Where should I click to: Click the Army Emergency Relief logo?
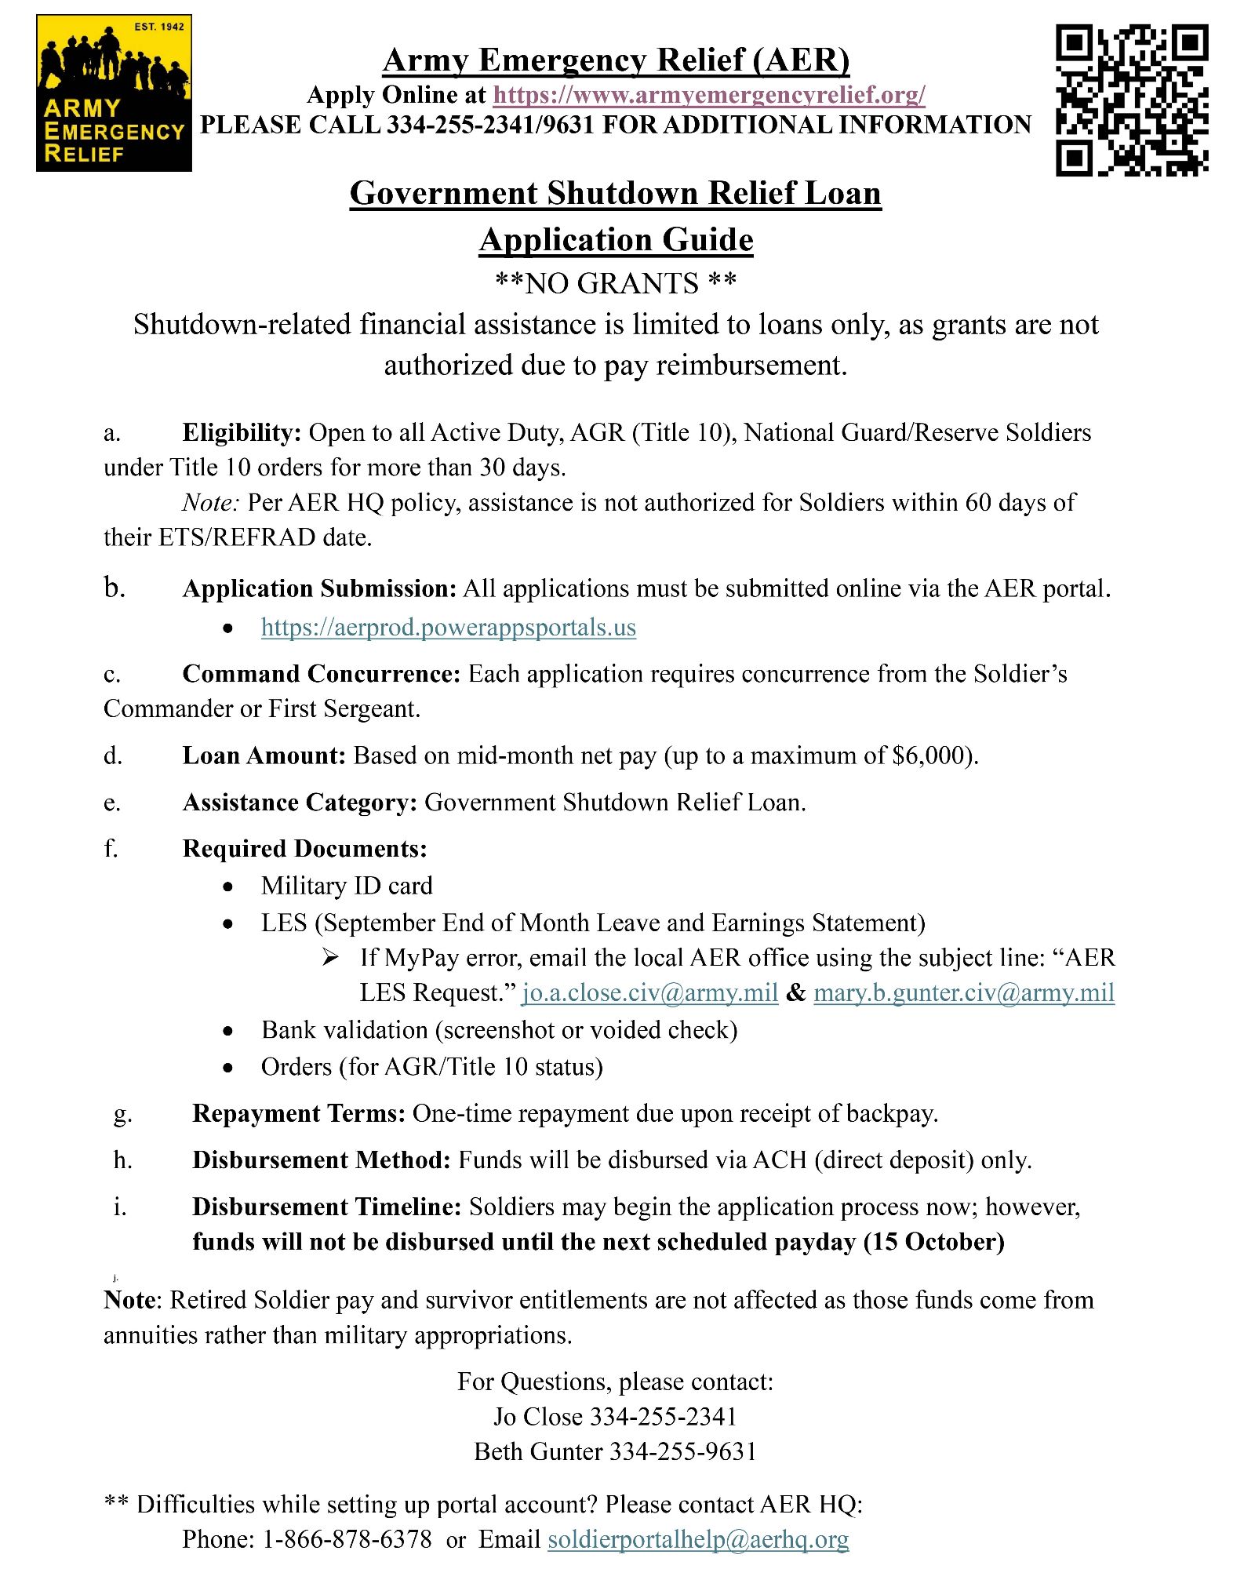[114, 93]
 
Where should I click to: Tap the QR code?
[1131, 100]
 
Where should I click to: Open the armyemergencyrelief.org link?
[708, 95]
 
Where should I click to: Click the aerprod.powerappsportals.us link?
[448, 628]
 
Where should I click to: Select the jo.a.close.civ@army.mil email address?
[649, 993]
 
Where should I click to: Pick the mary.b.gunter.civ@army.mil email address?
[963, 993]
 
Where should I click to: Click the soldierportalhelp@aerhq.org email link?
[697, 1539]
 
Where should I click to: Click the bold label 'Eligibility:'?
[242, 432]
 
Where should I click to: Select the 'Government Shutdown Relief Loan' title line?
[615, 193]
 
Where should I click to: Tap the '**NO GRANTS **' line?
[615, 283]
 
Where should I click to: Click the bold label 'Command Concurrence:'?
[321, 674]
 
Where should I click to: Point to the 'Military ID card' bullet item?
[347, 886]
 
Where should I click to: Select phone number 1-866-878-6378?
[347, 1539]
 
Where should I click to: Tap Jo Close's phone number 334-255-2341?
[663, 1417]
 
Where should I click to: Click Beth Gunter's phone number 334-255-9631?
[682, 1451]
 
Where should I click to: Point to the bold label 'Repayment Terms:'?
[299, 1113]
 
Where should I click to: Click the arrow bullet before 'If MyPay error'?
[330, 958]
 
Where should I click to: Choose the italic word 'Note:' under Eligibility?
[210, 502]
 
